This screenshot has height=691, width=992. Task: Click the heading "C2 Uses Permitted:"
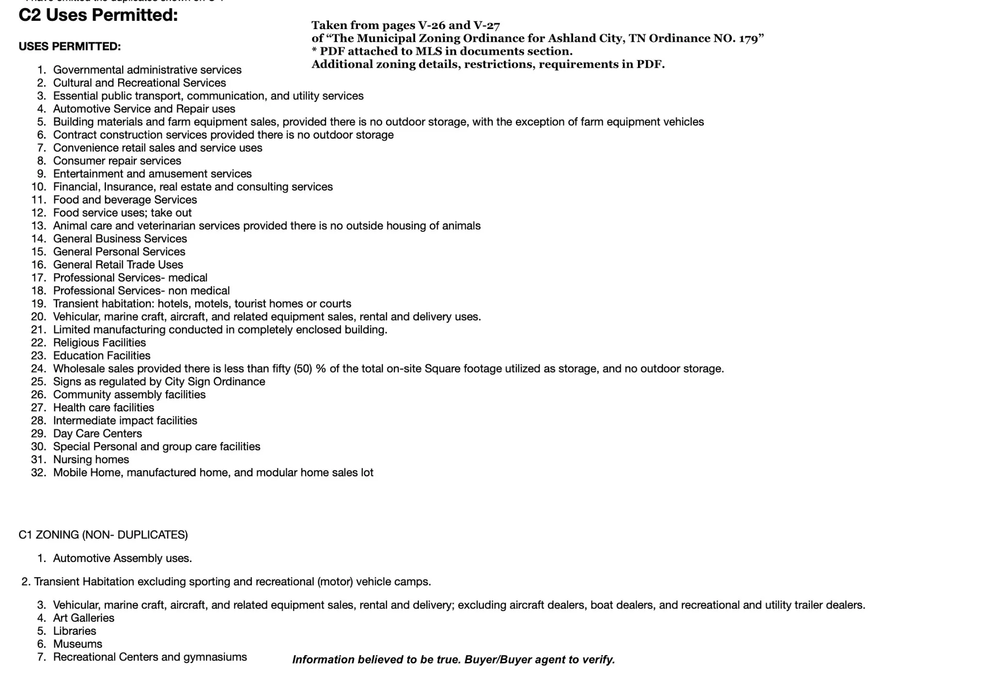pos(98,16)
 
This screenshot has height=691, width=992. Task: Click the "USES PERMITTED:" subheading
pos(70,47)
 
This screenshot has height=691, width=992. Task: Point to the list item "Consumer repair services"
pos(117,161)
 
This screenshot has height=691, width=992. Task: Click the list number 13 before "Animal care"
pos(38,226)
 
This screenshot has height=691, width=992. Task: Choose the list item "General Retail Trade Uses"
pos(118,265)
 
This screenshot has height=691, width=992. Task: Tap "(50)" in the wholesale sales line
pos(303,369)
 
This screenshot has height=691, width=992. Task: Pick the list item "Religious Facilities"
pos(99,343)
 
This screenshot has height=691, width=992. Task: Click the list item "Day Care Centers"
pos(97,434)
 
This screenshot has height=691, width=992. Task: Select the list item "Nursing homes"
pos(91,459)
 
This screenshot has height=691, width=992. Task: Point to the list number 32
pos(38,472)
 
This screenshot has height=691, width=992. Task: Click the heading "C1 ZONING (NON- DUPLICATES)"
pos(103,534)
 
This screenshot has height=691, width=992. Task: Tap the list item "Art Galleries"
pos(83,618)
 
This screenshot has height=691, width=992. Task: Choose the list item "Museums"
pos(77,644)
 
